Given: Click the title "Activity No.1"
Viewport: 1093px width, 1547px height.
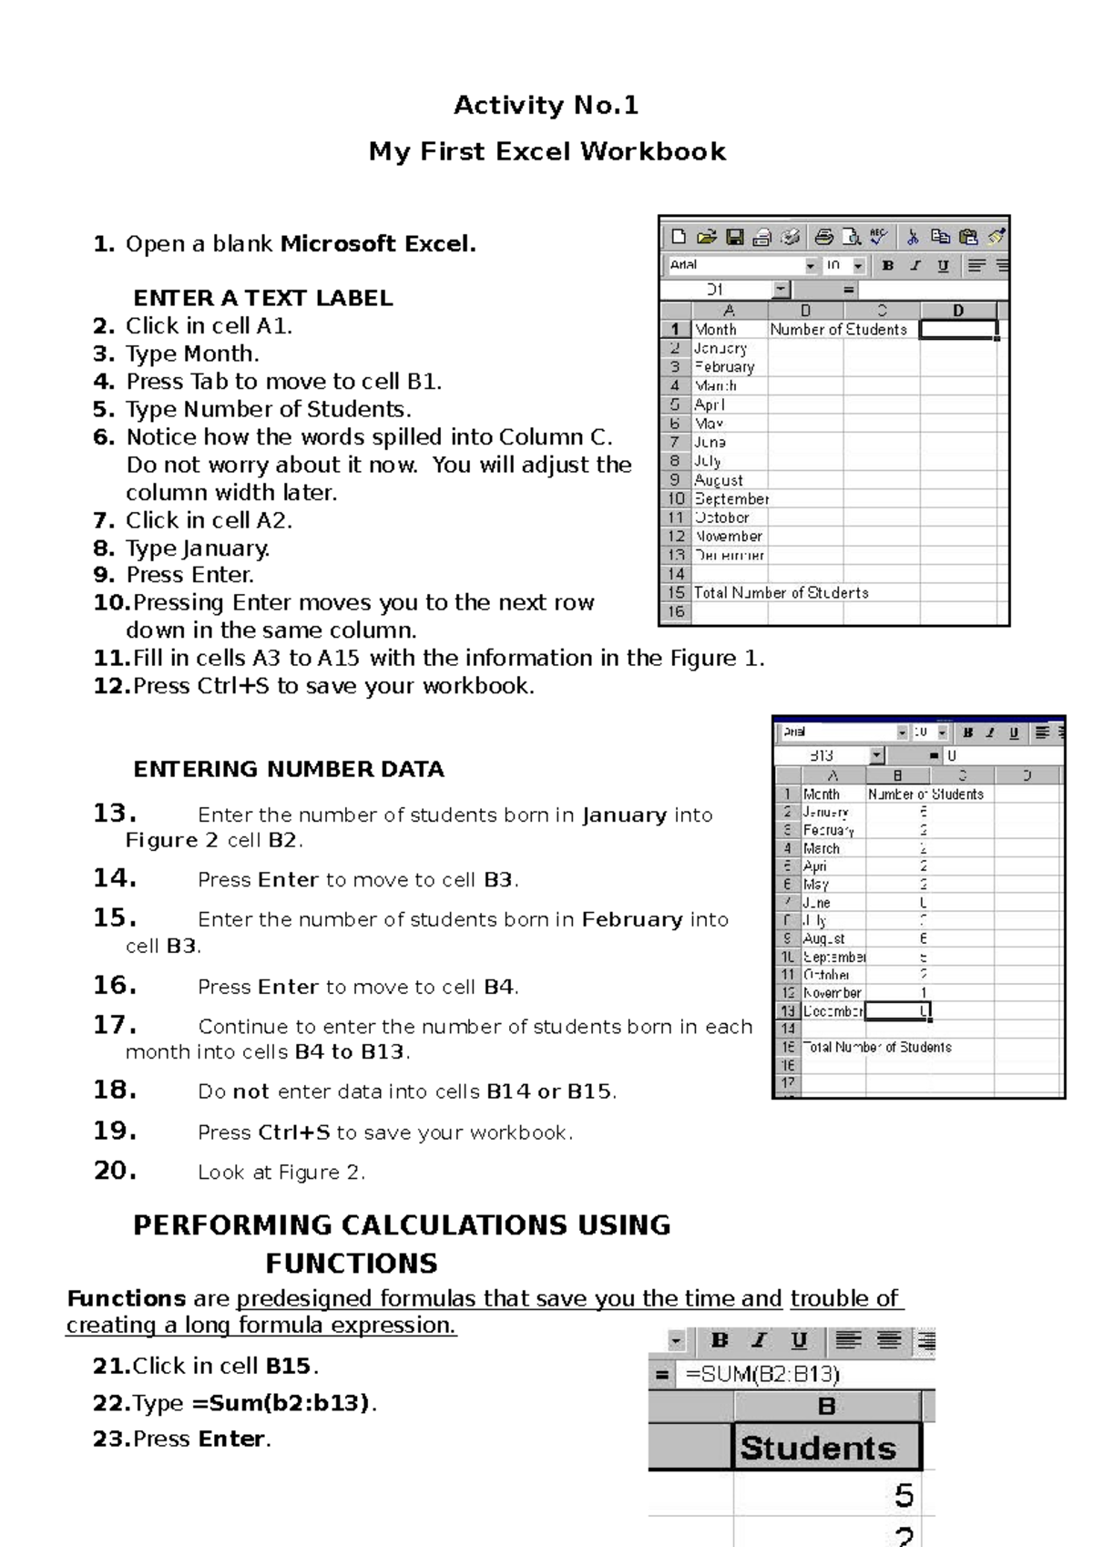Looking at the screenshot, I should point(546,106).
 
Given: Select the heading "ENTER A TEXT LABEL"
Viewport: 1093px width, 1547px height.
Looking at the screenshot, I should point(263,298).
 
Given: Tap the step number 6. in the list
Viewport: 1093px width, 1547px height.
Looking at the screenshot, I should point(104,437).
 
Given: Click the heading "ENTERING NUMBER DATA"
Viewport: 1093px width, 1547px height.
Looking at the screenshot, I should point(289,769).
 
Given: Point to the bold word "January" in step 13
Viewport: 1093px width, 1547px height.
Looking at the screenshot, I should point(625,814).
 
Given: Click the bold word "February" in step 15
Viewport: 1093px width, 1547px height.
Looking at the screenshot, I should point(633,919).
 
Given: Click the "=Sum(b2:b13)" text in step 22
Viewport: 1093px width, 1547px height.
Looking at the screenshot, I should point(281,1403).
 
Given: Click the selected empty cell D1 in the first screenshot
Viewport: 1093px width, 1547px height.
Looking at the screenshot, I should point(958,329).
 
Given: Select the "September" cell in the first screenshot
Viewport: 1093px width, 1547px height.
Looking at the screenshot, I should point(731,499).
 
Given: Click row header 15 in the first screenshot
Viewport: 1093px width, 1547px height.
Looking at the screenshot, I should point(676,593).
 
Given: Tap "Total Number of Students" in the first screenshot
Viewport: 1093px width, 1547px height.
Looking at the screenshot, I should point(781,593).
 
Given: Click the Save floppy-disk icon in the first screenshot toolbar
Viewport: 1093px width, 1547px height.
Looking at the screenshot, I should point(734,238).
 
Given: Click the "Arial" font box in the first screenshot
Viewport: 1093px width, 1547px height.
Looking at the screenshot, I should point(733,265).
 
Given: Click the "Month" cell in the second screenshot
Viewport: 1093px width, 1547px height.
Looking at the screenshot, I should point(822,794).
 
